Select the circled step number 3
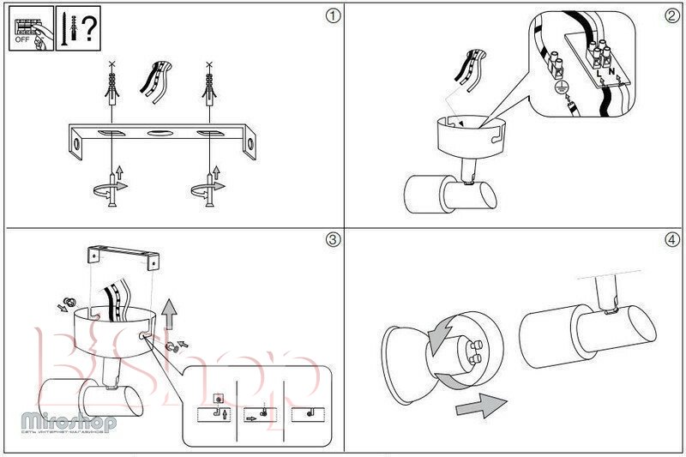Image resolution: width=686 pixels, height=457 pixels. coord(334,239)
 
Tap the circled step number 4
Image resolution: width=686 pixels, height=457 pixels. coord(671,239)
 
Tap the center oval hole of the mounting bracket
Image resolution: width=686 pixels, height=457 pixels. coord(159,134)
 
